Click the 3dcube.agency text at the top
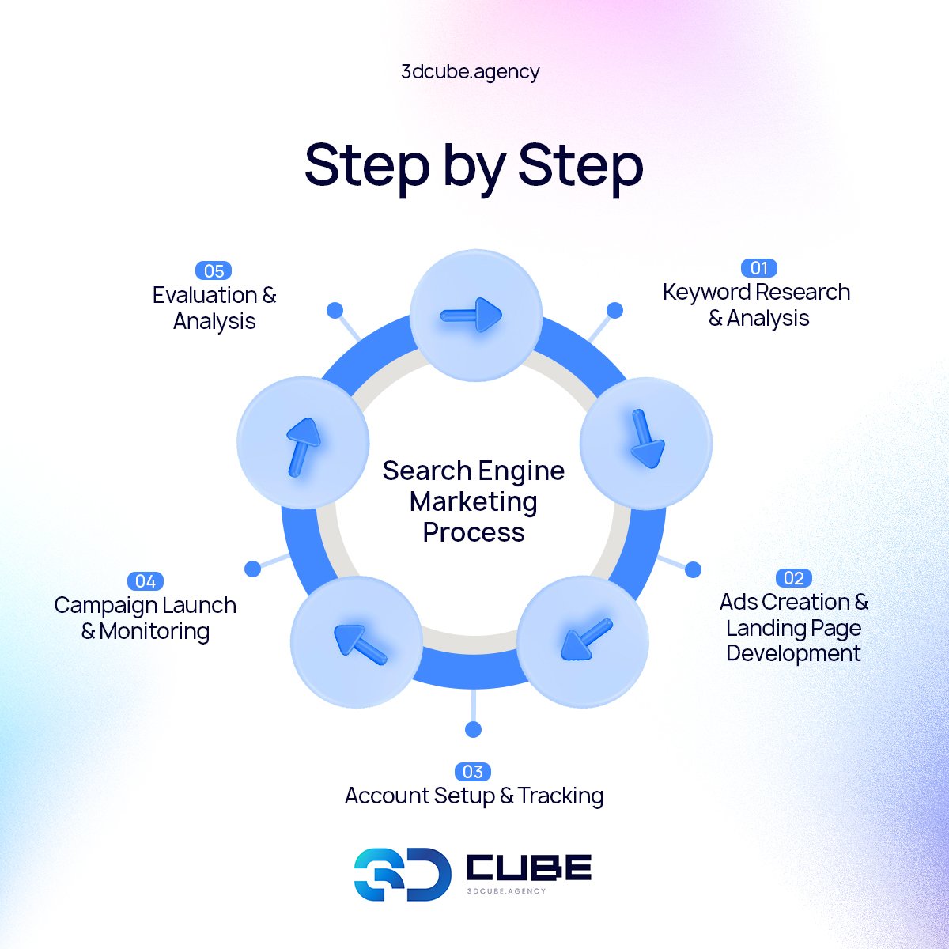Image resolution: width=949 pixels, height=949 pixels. pyautogui.click(x=471, y=72)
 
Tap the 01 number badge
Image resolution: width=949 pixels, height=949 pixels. pyautogui.click(x=758, y=268)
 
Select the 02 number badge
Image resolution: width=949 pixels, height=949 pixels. pyautogui.click(x=793, y=578)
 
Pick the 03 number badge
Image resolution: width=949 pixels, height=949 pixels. pyautogui.click(x=473, y=772)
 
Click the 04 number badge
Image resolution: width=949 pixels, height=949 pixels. pyautogui.click(x=146, y=581)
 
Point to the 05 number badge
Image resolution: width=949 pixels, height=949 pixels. pyautogui.click(x=214, y=271)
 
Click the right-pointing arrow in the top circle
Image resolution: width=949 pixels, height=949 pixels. pyautogui.click(x=472, y=316)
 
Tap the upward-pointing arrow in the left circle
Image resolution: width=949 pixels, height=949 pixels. pyautogui.click(x=303, y=446)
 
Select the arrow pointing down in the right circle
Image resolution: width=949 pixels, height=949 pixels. pyautogui.click(x=646, y=439)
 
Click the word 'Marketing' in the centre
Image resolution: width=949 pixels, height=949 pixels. pyautogui.click(x=473, y=501)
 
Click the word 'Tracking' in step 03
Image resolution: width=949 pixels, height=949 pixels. pyautogui.click(x=561, y=796)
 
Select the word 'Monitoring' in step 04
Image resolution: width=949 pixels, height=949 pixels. pyautogui.click(x=155, y=631)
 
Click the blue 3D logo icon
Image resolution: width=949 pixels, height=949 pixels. pyautogui.click(x=402, y=875)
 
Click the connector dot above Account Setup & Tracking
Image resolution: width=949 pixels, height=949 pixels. pyautogui.click(x=473, y=728)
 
